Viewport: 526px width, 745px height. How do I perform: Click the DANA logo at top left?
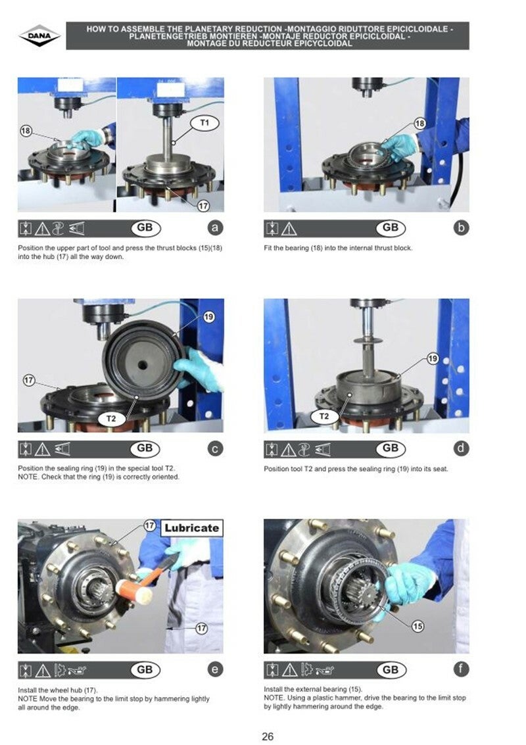[x=40, y=36]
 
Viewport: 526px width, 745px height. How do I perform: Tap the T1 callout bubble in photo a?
[x=204, y=123]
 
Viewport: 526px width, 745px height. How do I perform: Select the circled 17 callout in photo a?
[x=203, y=206]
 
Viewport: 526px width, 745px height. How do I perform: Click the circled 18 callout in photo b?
[x=419, y=124]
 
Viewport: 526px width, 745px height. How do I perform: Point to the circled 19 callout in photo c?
[x=208, y=317]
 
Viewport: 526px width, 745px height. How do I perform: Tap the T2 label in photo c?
[x=111, y=419]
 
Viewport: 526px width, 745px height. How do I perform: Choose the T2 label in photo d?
[x=324, y=417]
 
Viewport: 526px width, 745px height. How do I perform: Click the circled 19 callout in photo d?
[x=433, y=358]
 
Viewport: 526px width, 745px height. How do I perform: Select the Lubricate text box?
[x=191, y=528]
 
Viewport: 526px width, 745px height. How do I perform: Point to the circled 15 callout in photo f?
[x=418, y=626]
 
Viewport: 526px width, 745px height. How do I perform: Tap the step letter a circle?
[x=215, y=228]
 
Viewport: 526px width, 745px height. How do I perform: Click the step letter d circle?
[x=461, y=448]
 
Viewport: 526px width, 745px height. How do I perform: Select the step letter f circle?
[x=461, y=669]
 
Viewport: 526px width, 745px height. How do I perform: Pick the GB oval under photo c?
[x=145, y=448]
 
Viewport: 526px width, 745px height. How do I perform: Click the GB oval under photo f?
[x=391, y=670]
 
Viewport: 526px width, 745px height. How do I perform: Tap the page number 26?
[x=268, y=736]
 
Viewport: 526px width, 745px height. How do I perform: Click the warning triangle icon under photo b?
[x=289, y=229]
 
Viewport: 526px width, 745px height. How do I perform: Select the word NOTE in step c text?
[x=27, y=477]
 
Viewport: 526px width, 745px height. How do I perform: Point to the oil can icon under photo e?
[x=77, y=671]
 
